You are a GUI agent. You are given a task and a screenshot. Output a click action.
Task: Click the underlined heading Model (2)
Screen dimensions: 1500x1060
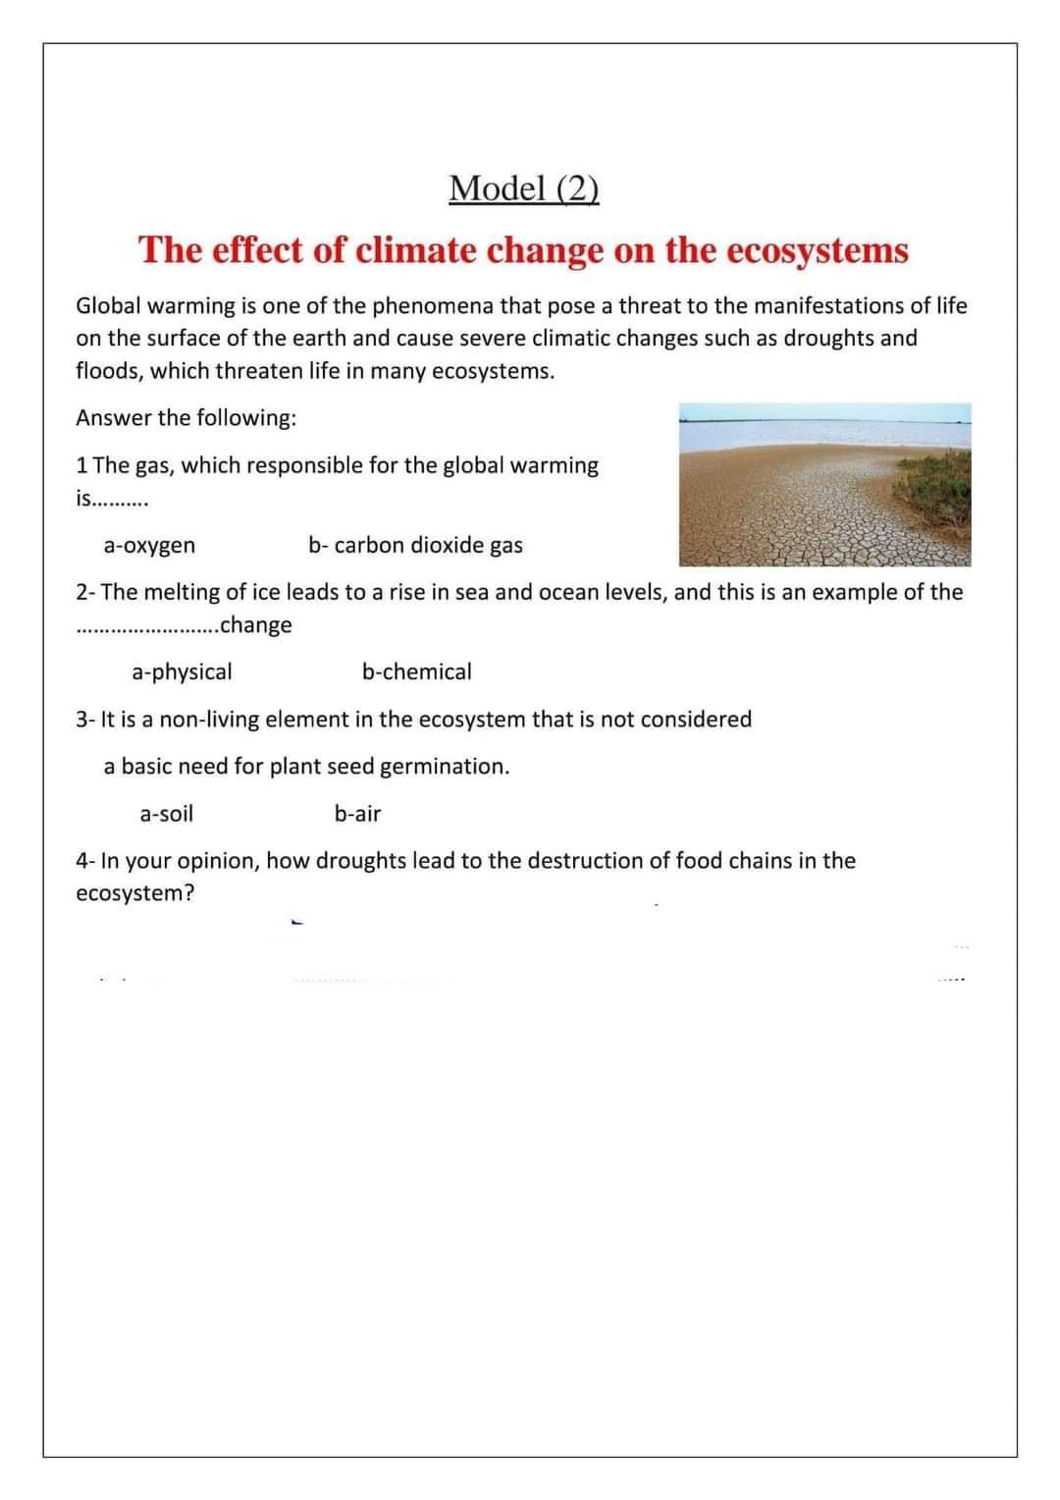[523, 187]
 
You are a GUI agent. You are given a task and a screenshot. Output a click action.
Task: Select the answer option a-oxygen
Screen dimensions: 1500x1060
[149, 545]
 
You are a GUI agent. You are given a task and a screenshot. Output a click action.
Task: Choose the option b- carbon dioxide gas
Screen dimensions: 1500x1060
[415, 545]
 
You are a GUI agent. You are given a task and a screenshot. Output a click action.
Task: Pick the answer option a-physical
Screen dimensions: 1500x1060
[182, 671]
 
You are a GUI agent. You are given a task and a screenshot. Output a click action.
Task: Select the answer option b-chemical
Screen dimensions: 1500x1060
[416, 671]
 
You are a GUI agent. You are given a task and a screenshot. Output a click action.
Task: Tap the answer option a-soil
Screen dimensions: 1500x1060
[166, 814]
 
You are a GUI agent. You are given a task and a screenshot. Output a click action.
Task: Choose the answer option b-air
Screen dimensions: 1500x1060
[357, 814]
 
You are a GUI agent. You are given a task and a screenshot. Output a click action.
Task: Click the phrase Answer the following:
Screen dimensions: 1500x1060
[185, 418]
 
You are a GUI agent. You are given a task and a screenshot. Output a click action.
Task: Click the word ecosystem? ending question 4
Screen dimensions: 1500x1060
[134, 894]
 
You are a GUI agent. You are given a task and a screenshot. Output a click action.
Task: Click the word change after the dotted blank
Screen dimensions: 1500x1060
[256, 625]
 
